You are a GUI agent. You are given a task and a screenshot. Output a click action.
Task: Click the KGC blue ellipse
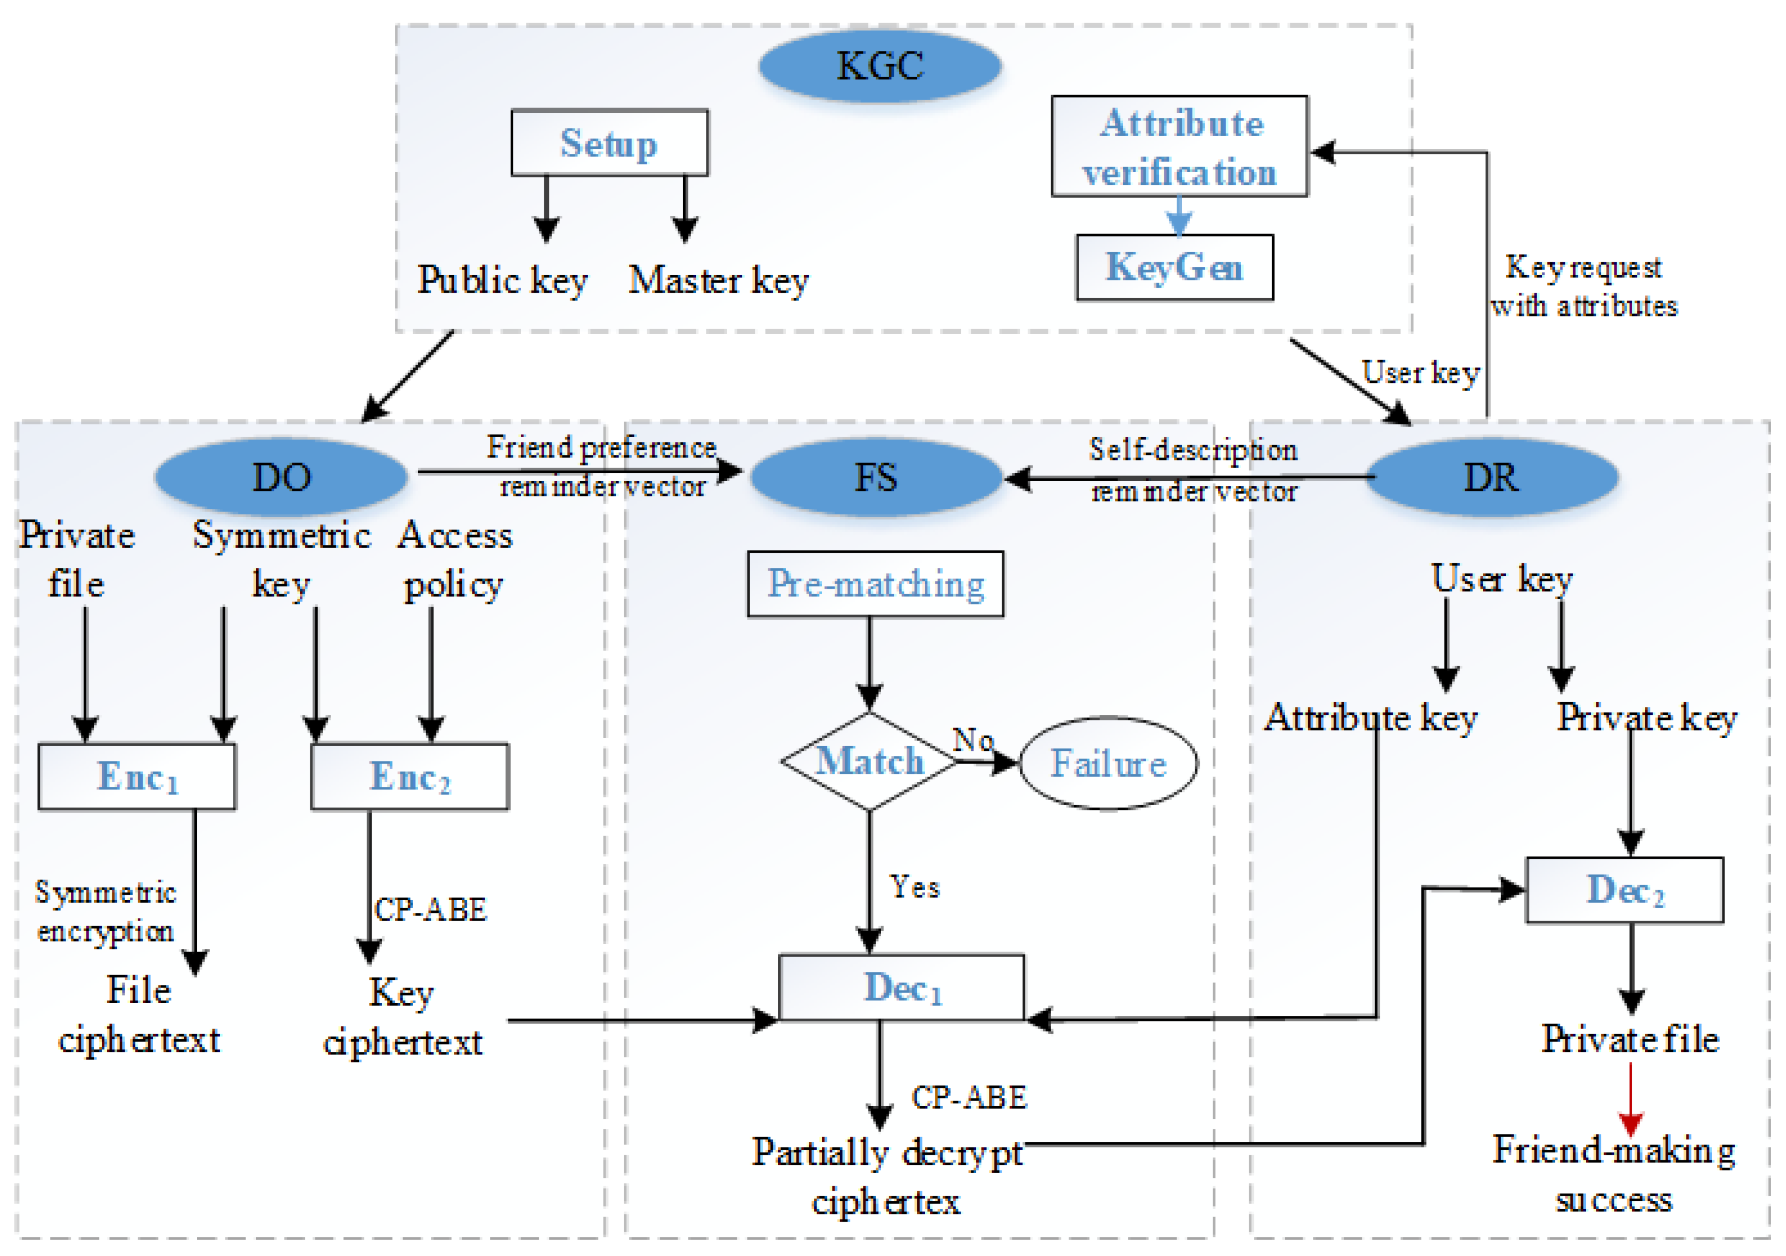pyautogui.click(x=880, y=66)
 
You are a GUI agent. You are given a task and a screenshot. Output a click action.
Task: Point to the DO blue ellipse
pyautogui.click(x=281, y=477)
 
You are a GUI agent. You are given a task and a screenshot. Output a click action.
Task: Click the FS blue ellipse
pyautogui.click(x=876, y=477)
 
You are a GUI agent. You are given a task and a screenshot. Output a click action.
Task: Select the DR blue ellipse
pyautogui.click(x=1491, y=477)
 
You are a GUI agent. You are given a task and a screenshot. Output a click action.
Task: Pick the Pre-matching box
pyautogui.click(x=875, y=584)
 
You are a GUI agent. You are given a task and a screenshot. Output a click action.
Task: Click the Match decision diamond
pyautogui.click(x=869, y=761)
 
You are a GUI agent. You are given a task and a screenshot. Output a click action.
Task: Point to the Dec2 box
pyautogui.click(x=1624, y=890)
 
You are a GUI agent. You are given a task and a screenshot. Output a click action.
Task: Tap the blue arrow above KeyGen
pyautogui.click(x=1179, y=216)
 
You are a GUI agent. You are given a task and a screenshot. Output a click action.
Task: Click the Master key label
pyautogui.click(x=718, y=280)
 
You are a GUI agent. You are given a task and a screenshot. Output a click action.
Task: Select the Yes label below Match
pyautogui.click(x=915, y=887)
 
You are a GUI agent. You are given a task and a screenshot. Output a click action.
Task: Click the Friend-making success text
pyautogui.click(x=1613, y=1174)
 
